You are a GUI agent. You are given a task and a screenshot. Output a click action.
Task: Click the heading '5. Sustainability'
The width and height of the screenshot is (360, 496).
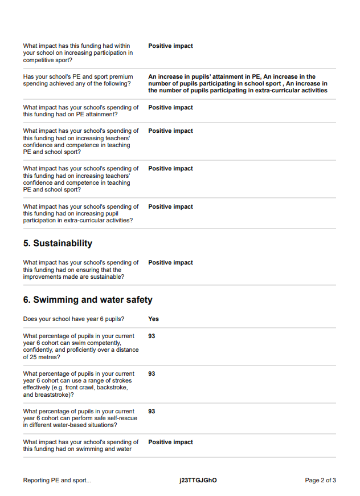(x=58, y=243)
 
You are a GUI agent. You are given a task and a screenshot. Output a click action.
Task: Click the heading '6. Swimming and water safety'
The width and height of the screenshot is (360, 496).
(x=88, y=300)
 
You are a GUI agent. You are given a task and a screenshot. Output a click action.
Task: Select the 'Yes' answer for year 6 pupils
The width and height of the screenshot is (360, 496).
(x=153, y=319)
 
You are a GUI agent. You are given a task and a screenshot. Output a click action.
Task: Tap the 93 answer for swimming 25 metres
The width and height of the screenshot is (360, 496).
(x=152, y=336)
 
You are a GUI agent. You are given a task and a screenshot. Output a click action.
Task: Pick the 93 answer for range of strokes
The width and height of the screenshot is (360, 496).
(x=152, y=374)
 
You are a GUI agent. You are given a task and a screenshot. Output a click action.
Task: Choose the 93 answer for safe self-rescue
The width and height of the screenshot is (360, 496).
(x=152, y=412)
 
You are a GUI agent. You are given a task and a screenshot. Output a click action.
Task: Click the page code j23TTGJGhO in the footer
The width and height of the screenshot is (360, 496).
(x=198, y=481)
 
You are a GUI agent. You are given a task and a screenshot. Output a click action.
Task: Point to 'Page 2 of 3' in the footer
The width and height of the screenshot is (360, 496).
(x=320, y=481)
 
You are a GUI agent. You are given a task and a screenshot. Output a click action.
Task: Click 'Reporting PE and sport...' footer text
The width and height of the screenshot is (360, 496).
(x=57, y=481)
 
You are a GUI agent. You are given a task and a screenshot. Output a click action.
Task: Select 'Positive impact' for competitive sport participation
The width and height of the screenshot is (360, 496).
(x=170, y=46)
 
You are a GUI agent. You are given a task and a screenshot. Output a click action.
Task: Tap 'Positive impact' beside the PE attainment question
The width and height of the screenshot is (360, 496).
(x=170, y=108)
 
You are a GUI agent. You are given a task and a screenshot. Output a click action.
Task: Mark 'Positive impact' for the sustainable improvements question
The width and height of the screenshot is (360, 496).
(x=170, y=263)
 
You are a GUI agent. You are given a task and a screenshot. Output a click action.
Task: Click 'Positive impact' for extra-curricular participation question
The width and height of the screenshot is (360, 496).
(x=170, y=207)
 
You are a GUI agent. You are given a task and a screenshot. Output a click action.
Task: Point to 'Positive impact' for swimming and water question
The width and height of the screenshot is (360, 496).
(x=170, y=442)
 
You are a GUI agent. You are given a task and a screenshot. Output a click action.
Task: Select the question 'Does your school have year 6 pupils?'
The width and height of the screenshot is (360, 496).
(x=73, y=319)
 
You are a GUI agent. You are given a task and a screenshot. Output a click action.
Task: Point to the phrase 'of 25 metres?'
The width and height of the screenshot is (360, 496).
(x=42, y=357)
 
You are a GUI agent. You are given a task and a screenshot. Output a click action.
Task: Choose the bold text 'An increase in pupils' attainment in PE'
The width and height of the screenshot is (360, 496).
(x=204, y=77)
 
